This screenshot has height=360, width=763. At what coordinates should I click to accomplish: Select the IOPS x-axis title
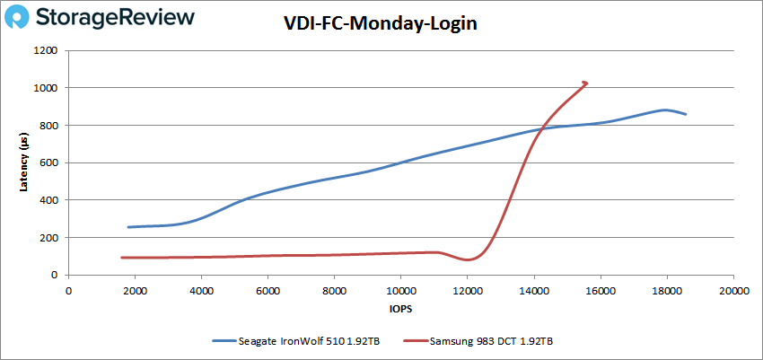click(400, 310)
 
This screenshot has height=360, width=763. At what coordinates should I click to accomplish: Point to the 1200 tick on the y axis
click(46, 51)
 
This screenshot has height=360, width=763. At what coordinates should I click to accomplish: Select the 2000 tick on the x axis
click(135, 290)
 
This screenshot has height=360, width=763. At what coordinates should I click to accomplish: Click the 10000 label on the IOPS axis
click(400, 290)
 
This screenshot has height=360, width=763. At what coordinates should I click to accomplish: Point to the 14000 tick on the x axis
click(533, 290)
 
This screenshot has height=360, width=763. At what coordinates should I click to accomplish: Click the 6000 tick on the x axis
click(267, 290)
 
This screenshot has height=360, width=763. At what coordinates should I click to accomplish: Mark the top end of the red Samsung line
click(585, 83)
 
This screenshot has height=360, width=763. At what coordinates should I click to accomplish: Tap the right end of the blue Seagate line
click(687, 114)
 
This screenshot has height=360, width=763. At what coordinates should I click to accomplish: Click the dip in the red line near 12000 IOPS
click(468, 259)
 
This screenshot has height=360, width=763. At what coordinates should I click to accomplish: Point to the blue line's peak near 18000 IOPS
click(665, 110)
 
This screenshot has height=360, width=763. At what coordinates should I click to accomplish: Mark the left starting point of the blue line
click(128, 227)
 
